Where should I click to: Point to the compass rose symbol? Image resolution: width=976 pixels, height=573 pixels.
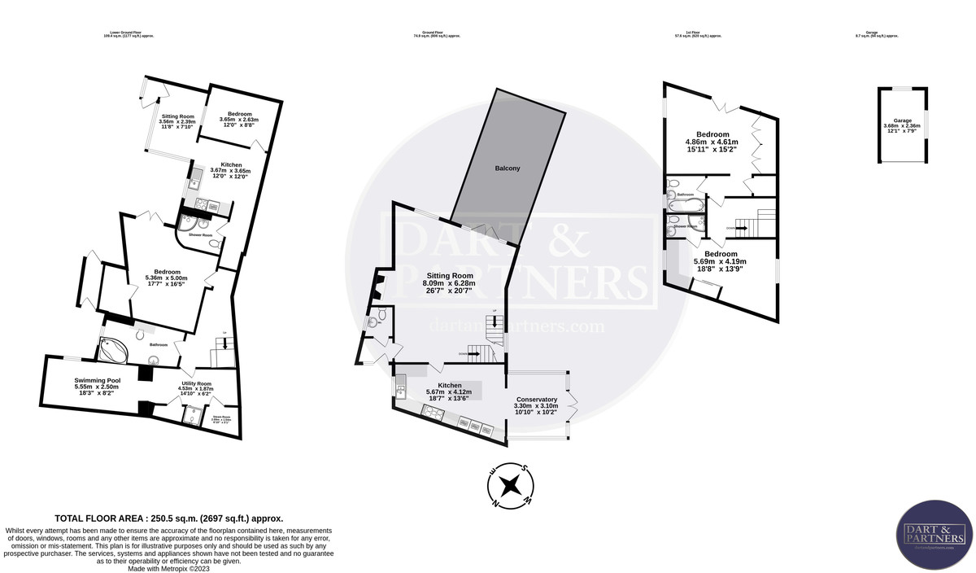coord(510,485)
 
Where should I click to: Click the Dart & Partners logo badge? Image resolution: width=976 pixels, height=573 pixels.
coord(934,534)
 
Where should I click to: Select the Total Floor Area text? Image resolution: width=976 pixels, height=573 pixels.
coord(168,518)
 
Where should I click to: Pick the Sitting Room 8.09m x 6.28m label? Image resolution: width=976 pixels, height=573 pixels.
coord(450,280)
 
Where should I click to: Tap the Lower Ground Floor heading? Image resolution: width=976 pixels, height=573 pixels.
coord(129,33)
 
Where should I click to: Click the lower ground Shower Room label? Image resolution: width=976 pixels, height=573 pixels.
coord(201,235)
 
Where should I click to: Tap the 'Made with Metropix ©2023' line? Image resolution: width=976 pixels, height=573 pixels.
coord(169,568)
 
